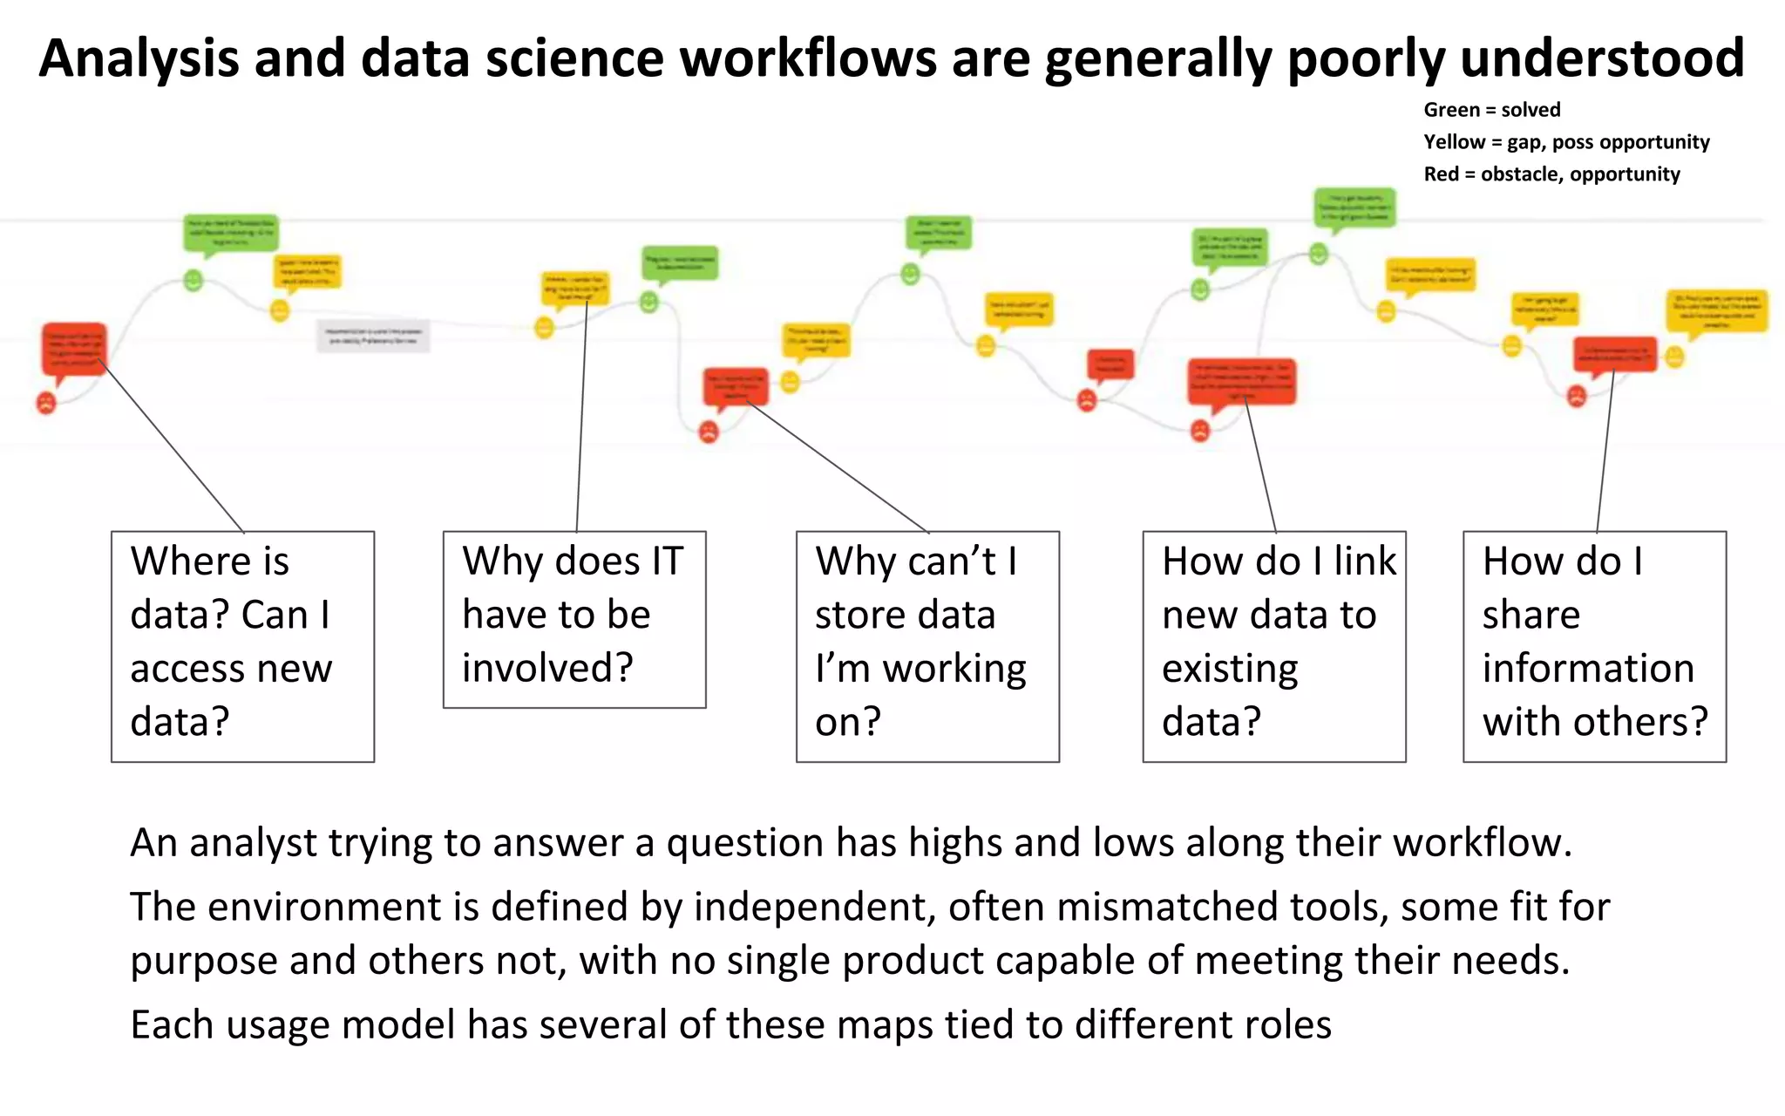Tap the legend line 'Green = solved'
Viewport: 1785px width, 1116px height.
[x=1491, y=110]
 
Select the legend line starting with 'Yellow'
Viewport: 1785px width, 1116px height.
[x=1566, y=142]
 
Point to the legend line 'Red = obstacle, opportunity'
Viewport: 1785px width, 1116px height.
[x=1551, y=174]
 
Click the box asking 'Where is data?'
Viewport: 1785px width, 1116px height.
[x=242, y=646]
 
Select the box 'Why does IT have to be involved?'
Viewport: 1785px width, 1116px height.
[x=574, y=619]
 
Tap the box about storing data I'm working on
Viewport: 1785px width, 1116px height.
[x=927, y=646]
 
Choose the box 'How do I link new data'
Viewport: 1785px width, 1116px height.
[x=1273, y=646]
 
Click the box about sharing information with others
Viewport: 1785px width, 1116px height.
[x=1594, y=646]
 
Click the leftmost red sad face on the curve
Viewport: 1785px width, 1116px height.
[x=46, y=403]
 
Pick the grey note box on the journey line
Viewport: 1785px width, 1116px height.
[x=373, y=336]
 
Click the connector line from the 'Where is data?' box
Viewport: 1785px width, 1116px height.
[x=174, y=449]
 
